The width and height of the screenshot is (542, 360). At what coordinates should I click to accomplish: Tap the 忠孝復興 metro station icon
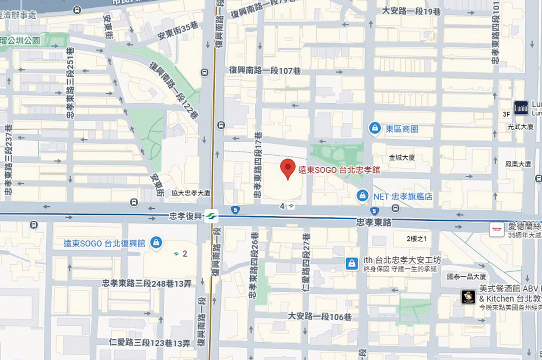tap(210, 216)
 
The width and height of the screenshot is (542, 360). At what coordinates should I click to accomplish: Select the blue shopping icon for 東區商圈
tap(374, 128)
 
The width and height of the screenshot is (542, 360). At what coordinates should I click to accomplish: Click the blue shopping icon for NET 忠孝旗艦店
tap(362, 196)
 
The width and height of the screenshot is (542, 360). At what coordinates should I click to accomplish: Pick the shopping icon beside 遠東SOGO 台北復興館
tap(156, 243)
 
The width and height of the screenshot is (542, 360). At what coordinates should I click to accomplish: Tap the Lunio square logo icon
tap(521, 108)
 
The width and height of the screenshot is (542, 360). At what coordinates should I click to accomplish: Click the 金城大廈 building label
tap(401, 158)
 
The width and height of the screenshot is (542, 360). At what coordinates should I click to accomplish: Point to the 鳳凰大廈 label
tap(518, 163)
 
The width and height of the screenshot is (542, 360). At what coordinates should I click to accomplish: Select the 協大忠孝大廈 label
tap(191, 193)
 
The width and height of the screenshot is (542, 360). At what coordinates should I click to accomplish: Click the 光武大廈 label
tap(520, 127)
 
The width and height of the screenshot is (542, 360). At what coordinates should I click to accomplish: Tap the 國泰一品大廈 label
tap(467, 277)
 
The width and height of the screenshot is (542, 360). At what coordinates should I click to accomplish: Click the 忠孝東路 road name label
tap(373, 222)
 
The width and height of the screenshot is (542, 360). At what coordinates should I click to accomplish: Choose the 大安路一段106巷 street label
tap(320, 316)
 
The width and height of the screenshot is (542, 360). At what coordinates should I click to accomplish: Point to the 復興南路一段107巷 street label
tap(265, 70)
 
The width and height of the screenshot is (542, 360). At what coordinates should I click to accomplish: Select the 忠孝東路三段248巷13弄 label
tap(149, 283)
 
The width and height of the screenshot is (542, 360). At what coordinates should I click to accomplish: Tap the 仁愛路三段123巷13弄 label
tap(149, 343)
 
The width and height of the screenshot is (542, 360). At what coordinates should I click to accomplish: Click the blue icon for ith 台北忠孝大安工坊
tap(351, 263)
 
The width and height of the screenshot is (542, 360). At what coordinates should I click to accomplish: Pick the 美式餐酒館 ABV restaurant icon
tap(468, 297)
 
